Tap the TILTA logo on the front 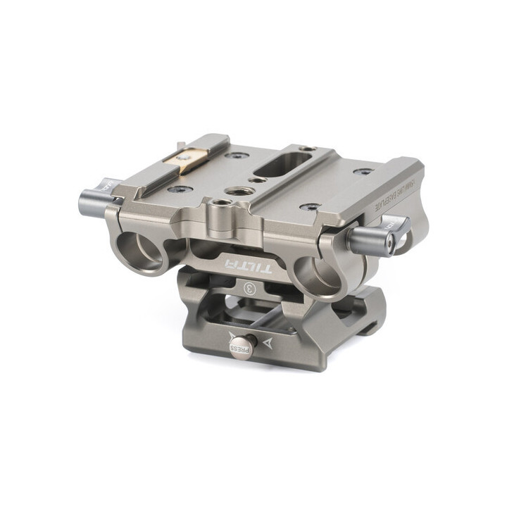tap(239, 265)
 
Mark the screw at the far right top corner tap(363, 171)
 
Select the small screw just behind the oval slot tap(303, 149)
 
